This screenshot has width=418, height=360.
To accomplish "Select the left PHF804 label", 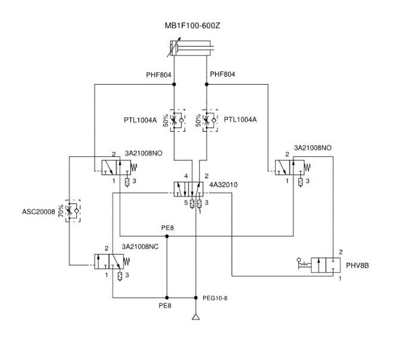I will click(x=158, y=75).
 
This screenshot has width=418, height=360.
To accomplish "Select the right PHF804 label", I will click(x=223, y=75).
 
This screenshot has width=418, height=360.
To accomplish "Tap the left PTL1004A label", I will click(x=140, y=120).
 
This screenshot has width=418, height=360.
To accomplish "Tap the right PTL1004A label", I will click(x=241, y=120).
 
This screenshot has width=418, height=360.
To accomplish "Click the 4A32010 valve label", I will click(x=223, y=185).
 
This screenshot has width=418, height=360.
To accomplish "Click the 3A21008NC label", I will click(x=140, y=247).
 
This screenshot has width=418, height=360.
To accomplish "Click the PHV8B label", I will click(x=357, y=265).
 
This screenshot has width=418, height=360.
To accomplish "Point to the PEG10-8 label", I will click(x=216, y=298).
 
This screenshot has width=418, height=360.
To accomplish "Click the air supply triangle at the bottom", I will click(x=195, y=316).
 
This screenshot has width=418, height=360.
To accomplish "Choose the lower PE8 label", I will click(x=165, y=306).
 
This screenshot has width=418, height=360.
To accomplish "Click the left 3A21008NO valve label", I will click(x=144, y=153).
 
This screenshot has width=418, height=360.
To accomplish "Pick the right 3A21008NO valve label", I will click(x=313, y=148).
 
